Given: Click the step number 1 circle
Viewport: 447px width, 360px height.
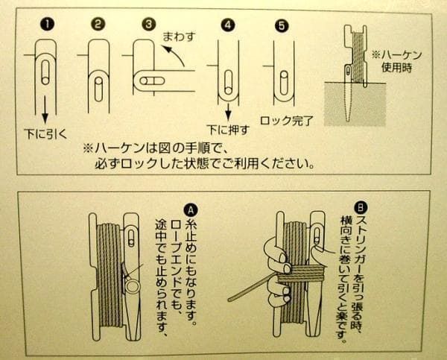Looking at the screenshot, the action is point(48,25).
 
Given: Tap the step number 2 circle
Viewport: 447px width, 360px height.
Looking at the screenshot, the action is point(98,25).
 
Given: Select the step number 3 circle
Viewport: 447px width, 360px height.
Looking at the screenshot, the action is point(148,25).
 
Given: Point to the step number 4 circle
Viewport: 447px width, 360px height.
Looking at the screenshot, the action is point(227,25).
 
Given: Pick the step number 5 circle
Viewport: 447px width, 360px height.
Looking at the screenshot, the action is point(282,26).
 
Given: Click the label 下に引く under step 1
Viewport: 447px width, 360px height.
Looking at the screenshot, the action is point(45,133).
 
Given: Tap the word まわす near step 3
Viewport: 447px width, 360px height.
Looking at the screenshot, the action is point(180,37).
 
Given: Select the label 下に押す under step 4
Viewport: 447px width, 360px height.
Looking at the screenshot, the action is point(228,130).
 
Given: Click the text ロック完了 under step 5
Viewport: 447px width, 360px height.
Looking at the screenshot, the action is point(287,121).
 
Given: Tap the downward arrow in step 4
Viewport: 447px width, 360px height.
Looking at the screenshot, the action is point(227,113).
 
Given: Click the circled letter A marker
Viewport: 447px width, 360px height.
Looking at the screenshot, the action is point(191,210).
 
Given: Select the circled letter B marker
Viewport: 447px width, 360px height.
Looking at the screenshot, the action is point(361,208).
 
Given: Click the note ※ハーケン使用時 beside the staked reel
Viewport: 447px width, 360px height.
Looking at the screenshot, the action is point(397,61).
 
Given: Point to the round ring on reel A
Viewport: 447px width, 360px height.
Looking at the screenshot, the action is point(133,286).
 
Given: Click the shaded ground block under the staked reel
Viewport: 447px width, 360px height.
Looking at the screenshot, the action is point(355,104).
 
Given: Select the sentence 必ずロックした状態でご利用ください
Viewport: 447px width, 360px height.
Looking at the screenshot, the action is point(205,163).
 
